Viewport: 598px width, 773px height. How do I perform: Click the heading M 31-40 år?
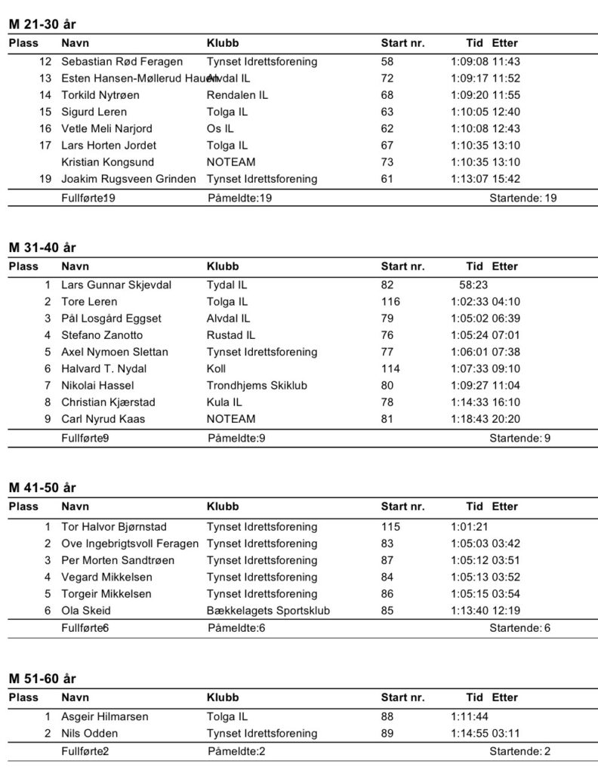[x=42, y=248]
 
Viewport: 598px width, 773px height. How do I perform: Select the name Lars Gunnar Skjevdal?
[x=116, y=285]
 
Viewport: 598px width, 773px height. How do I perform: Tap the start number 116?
[x=390, y=302]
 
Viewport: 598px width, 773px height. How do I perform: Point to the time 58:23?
[x=473, y=285]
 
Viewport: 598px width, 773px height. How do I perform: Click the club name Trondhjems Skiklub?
[x=257, y=385]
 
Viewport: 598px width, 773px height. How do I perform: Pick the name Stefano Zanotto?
[x=102, y=335]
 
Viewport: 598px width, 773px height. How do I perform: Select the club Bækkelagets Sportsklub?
[x=268, y=610]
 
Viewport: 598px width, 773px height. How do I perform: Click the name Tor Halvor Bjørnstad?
[x=114, y=527]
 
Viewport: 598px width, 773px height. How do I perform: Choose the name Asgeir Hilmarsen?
[x=105, y=716]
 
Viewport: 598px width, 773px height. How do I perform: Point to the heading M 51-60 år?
[x=42, y=679]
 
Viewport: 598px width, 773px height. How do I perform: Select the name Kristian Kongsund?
[x=107, y=162]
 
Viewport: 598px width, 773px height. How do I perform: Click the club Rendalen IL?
[x=237, y=95]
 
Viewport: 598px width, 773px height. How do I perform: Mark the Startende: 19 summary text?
[x=523, y=198]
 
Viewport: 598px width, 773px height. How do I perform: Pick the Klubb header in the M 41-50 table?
[x=223, y=507]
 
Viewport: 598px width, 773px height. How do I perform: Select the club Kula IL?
[x=224, y=402]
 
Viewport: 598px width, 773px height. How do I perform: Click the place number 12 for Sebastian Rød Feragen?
[x=45, y=62]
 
